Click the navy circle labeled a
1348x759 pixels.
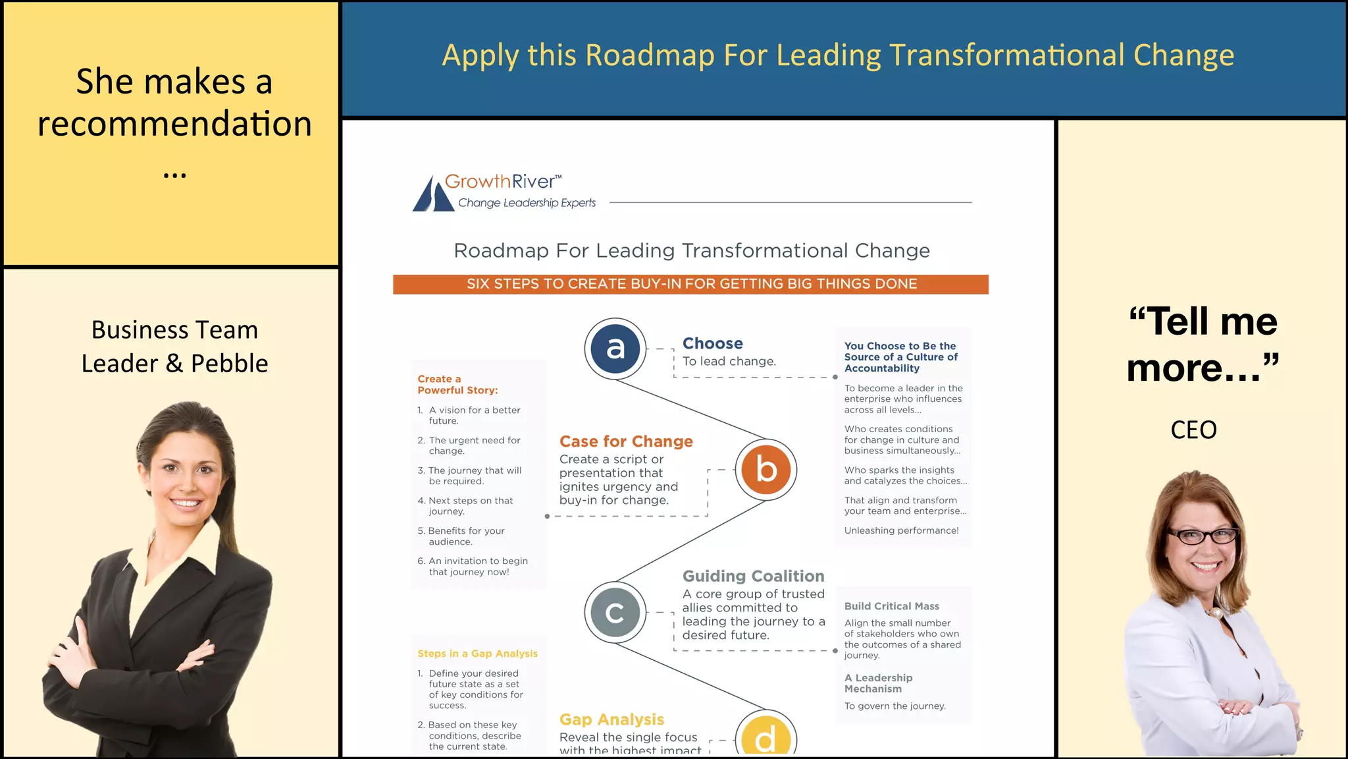pos(615,349)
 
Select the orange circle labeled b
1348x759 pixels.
pos(765,470)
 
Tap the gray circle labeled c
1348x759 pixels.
pos(615,613)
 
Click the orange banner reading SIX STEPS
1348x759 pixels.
pos(690,284)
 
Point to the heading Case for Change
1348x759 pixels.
pos(626,441)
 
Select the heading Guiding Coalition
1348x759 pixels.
pos(753,576)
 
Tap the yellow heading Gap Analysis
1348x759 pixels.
pos(611,719)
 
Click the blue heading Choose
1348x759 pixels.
pos(712,343)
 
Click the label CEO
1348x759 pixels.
pos(1193,430)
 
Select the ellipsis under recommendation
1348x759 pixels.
pos(174,175)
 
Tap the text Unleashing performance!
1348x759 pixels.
pos(901,530)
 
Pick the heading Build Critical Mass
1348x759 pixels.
pos(892,606)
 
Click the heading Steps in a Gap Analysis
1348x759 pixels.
pos(477,654)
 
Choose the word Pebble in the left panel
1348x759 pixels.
pos(230,364)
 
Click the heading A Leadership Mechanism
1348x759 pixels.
pos(878,683)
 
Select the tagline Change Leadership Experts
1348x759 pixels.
pos(527,203)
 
